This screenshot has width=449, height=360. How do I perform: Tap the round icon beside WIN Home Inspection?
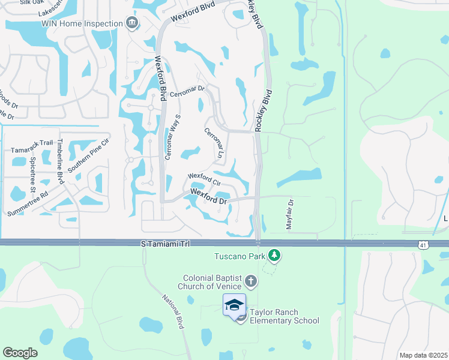pos(132,23)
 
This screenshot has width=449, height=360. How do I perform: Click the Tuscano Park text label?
pos(240,256)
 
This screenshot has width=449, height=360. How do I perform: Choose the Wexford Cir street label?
pos(205,179)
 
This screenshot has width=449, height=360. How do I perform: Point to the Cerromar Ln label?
pos(214,143)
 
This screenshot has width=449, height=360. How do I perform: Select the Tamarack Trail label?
pos(32,150)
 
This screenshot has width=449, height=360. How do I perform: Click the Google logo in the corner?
pos(20,352)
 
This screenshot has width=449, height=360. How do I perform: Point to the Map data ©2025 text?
pos(423,355)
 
